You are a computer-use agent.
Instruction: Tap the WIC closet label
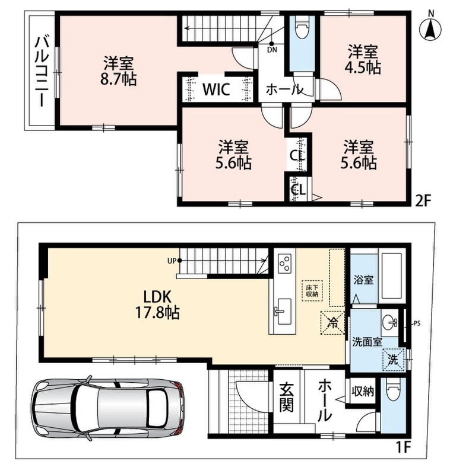[x=216, y=89]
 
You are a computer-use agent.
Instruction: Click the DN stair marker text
[x=272, y=50]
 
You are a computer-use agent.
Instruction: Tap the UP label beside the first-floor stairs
[x=172, y=261]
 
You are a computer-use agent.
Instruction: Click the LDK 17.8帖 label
[x=157, y=305]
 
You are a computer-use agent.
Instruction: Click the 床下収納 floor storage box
[x=312, y=290]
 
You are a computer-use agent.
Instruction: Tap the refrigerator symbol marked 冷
[x=333, y=322]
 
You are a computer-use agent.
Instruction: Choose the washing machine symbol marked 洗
[x=394, y=360]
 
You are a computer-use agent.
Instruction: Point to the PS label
[x=417, y=324]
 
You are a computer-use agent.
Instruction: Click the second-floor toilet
[x=302, y=27]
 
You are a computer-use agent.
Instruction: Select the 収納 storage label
[x=363, y=392]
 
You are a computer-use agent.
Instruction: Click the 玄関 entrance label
[x=286, y=397]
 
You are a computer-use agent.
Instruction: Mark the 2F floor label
[x=423, y=201]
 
